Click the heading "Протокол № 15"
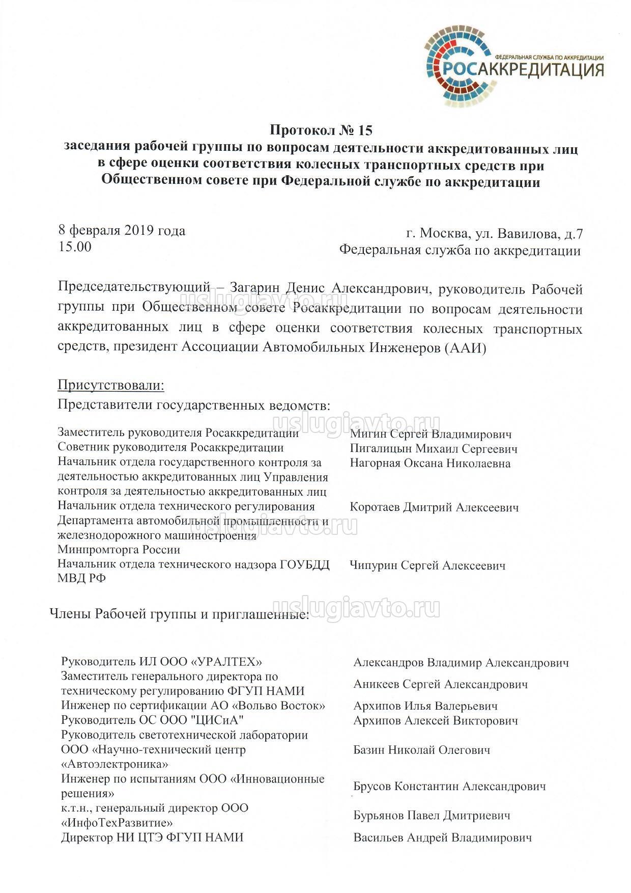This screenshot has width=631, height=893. [x=321, y=130]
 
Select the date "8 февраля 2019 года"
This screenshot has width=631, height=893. [x=122, y=230]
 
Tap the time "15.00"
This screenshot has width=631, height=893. [x=75, y=247]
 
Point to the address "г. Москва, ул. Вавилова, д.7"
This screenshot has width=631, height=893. [x=495, y=234]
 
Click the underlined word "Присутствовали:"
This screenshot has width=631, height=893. [x=111, y=385]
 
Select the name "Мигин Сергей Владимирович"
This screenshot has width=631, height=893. [x=431, y=435]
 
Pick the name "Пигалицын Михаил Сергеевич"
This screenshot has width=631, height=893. [x=434, y=449]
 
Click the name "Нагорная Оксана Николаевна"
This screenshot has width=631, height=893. [x=430, y=463]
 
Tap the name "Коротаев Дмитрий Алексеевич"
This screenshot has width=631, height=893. [x=434, y=507]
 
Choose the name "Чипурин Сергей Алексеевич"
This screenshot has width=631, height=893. [x=427, y=565]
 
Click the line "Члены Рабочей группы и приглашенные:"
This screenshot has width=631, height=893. [x=179, y=614]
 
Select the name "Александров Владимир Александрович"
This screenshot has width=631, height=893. [x=461, y=663]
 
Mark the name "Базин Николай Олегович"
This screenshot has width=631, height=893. [x=422, y=750]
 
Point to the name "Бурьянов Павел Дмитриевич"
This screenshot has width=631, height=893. [x=432, y=816]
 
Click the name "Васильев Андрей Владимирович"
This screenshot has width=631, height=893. [x=443, y=837]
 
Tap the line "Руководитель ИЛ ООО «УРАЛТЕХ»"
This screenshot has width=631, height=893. [x=161, y=662]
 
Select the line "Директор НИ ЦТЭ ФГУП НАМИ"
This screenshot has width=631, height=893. [x=152, y=837]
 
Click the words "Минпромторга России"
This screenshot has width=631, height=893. [x=119, y=550]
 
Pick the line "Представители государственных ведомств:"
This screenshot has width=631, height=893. [x=194, y=405]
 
